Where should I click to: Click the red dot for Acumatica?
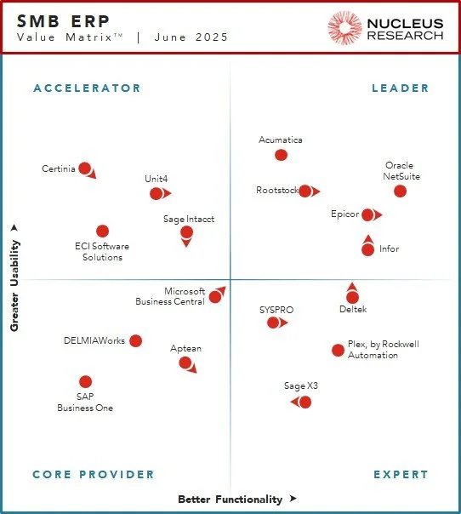pos(281,155)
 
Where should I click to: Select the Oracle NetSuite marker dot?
pos(400,191)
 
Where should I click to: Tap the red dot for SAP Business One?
pos(85,382)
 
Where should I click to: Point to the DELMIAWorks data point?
pos(135,341)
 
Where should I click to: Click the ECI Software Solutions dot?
pos(102,231)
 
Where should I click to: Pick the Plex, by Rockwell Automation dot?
pos(338,350)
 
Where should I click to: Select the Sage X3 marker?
pos(304,402)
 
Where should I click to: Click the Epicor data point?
pos(367,214)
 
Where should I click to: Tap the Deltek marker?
pos(352,297)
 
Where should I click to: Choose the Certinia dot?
pos(84,168)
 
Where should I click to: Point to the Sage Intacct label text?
pos(189,220)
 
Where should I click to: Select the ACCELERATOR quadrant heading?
pos(87,89)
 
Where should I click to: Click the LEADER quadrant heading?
pos(401,89)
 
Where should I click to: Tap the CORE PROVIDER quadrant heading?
pos(94,475)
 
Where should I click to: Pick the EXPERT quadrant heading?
pos(401,475)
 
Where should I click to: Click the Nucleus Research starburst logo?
pos(345,28)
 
